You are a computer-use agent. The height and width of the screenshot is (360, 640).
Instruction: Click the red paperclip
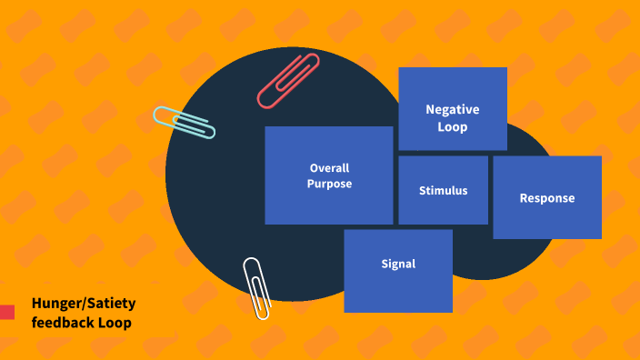pos(289,80)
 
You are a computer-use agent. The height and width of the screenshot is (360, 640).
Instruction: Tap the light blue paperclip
pos(184,122)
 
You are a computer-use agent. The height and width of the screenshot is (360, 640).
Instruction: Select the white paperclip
pos(256,287)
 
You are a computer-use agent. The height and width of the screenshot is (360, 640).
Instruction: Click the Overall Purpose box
pos(329,175)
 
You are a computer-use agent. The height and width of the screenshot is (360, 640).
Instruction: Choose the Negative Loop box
pos(453,108)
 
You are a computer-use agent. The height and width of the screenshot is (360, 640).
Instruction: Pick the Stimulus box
pos(444,190)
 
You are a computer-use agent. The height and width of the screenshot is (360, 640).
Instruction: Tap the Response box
pos(547,197)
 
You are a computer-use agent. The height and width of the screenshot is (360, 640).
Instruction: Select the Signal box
pos(398,271)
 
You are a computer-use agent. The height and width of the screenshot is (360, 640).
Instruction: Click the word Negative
pos(453,109)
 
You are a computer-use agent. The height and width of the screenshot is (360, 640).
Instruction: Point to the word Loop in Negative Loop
pos(453,127)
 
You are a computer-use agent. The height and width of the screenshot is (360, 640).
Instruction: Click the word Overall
pos(329,168)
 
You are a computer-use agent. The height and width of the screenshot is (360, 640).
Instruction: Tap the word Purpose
pos(329,184)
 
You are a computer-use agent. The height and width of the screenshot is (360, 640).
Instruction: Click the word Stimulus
pos(444,191)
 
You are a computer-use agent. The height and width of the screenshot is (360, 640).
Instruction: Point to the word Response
pos(547,198)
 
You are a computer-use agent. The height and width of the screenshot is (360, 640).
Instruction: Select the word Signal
pos(398,265)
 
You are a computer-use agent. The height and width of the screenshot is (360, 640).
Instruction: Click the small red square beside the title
pos(7,312)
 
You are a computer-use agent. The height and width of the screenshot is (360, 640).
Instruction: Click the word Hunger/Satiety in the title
pos(84,304)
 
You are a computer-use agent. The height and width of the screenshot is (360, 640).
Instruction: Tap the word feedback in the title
pos(62,323)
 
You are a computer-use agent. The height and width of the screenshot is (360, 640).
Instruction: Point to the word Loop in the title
pos(115,323)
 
